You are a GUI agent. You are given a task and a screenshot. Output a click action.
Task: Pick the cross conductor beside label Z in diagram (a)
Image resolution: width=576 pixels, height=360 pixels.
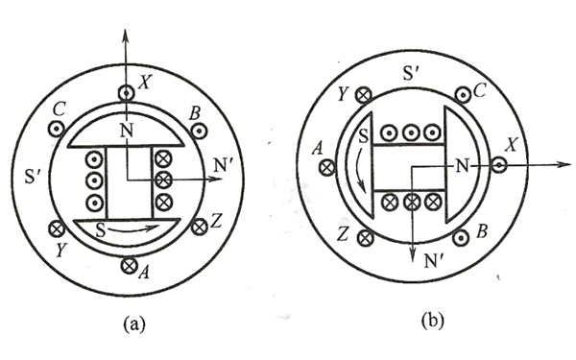pyautogui.click(x=200, y=228)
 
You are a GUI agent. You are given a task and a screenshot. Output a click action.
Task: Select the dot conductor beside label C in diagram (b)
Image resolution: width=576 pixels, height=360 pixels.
pyautogui.click(x=464, y=95)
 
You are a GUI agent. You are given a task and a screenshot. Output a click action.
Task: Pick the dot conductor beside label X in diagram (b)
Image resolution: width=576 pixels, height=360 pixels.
pyautogui.click(x=498, y=165)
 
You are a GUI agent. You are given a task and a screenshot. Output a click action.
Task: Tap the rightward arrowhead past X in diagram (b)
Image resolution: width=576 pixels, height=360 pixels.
pyautogui.click(x=563, y=165)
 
